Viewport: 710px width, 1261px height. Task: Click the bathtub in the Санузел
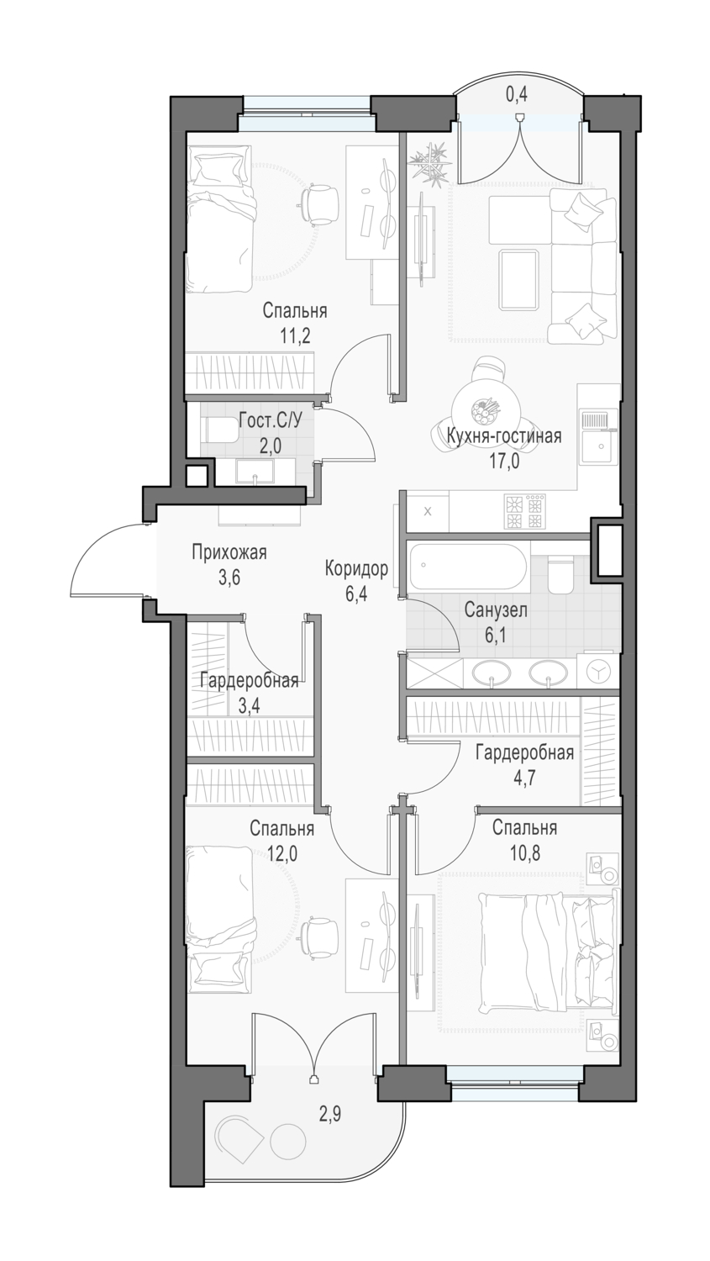468,567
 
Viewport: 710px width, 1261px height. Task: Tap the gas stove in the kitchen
525,511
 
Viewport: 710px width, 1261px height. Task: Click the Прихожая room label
229,552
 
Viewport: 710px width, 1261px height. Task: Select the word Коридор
356,569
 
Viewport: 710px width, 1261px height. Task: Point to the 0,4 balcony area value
517,94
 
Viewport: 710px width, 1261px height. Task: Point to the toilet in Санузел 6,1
559,574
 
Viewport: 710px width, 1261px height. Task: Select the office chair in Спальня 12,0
319,936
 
